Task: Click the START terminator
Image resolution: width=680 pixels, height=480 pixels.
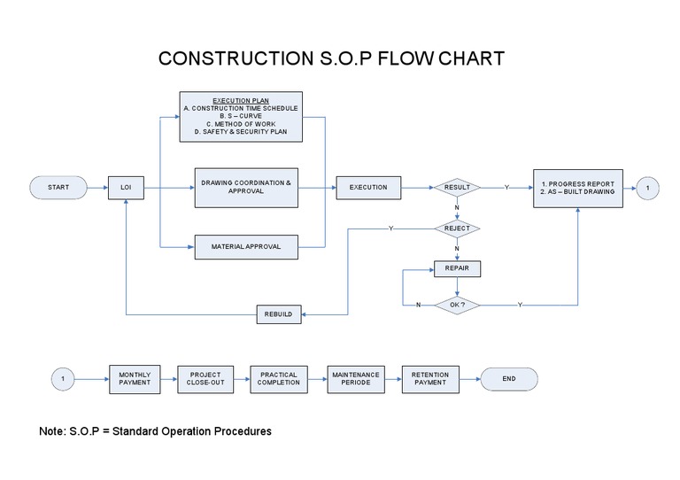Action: (x=58, y=188)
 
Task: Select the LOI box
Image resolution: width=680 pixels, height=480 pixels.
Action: (x=126, y=188)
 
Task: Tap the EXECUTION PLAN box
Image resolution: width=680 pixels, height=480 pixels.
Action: (x=241, y=116)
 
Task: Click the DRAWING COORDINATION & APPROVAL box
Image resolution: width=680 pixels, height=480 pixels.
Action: (x=245, y=187)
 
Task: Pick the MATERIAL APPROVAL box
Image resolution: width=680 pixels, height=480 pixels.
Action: (x=245, y=246)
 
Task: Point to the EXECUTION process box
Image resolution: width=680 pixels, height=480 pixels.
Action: (x=368, y=188)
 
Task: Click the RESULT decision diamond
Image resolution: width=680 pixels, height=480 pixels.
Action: (x=457, y=188)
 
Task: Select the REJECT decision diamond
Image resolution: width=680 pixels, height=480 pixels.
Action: (x=457, y=228)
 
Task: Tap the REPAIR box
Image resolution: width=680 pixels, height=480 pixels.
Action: (x=457, y=269)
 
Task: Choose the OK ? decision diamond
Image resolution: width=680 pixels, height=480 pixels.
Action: (x=457, y=305)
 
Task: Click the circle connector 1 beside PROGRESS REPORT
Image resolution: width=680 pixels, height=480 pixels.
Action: (x=648, y=188)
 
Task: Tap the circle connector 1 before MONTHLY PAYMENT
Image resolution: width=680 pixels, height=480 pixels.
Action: (x=63, y=379)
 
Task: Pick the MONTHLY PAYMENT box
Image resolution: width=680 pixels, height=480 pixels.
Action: (x=135, y=379)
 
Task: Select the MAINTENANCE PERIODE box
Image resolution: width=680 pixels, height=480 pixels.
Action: (x=354, y=379)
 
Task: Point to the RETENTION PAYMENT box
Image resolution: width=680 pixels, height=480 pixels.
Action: (x=430, y=379)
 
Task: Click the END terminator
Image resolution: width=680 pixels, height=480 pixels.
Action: (x=508, y=379)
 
